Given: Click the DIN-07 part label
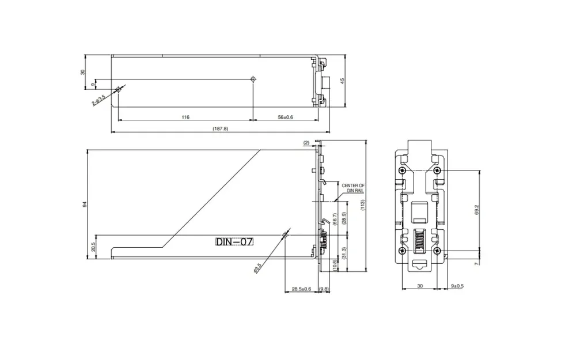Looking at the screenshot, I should pos(234,242).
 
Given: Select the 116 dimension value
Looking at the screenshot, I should pos(185,117).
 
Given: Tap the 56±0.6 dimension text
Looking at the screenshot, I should pos(286,117).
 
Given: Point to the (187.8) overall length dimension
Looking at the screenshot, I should pos(220,129).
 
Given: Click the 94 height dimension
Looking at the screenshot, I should pos(85,205).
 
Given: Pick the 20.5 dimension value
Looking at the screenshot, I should pos(93,247).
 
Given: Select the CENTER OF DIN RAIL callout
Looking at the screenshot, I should pos(353,188).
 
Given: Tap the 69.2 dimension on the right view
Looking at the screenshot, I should pos(476,211).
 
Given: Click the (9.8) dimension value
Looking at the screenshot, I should pos(324,289).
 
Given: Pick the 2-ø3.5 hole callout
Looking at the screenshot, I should pos(100,101).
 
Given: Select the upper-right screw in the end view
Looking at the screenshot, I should pos(437,171).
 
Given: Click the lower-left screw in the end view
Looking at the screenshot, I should pos(401,251).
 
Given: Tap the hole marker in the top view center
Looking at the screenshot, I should pos(253,79).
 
